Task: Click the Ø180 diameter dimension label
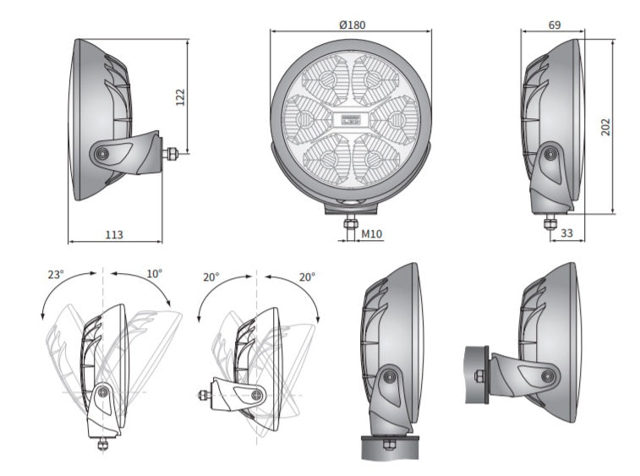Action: (352, 25)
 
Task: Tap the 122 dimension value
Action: (179, 96)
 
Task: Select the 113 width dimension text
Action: (114, 234)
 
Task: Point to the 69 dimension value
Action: (554, 25)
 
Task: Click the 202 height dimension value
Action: (605, 127)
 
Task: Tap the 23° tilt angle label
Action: (56, 275)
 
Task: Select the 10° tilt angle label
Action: (154, 275)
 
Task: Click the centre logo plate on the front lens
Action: (351, 119)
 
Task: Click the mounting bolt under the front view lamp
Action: (350, 223)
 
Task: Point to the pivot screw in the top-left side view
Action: (101, 154)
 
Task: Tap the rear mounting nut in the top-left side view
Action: (172, 154)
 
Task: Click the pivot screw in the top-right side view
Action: (551, 153)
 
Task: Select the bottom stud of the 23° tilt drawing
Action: (102, 444)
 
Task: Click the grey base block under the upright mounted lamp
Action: (390, 446)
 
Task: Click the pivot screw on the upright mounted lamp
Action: (390, 375)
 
